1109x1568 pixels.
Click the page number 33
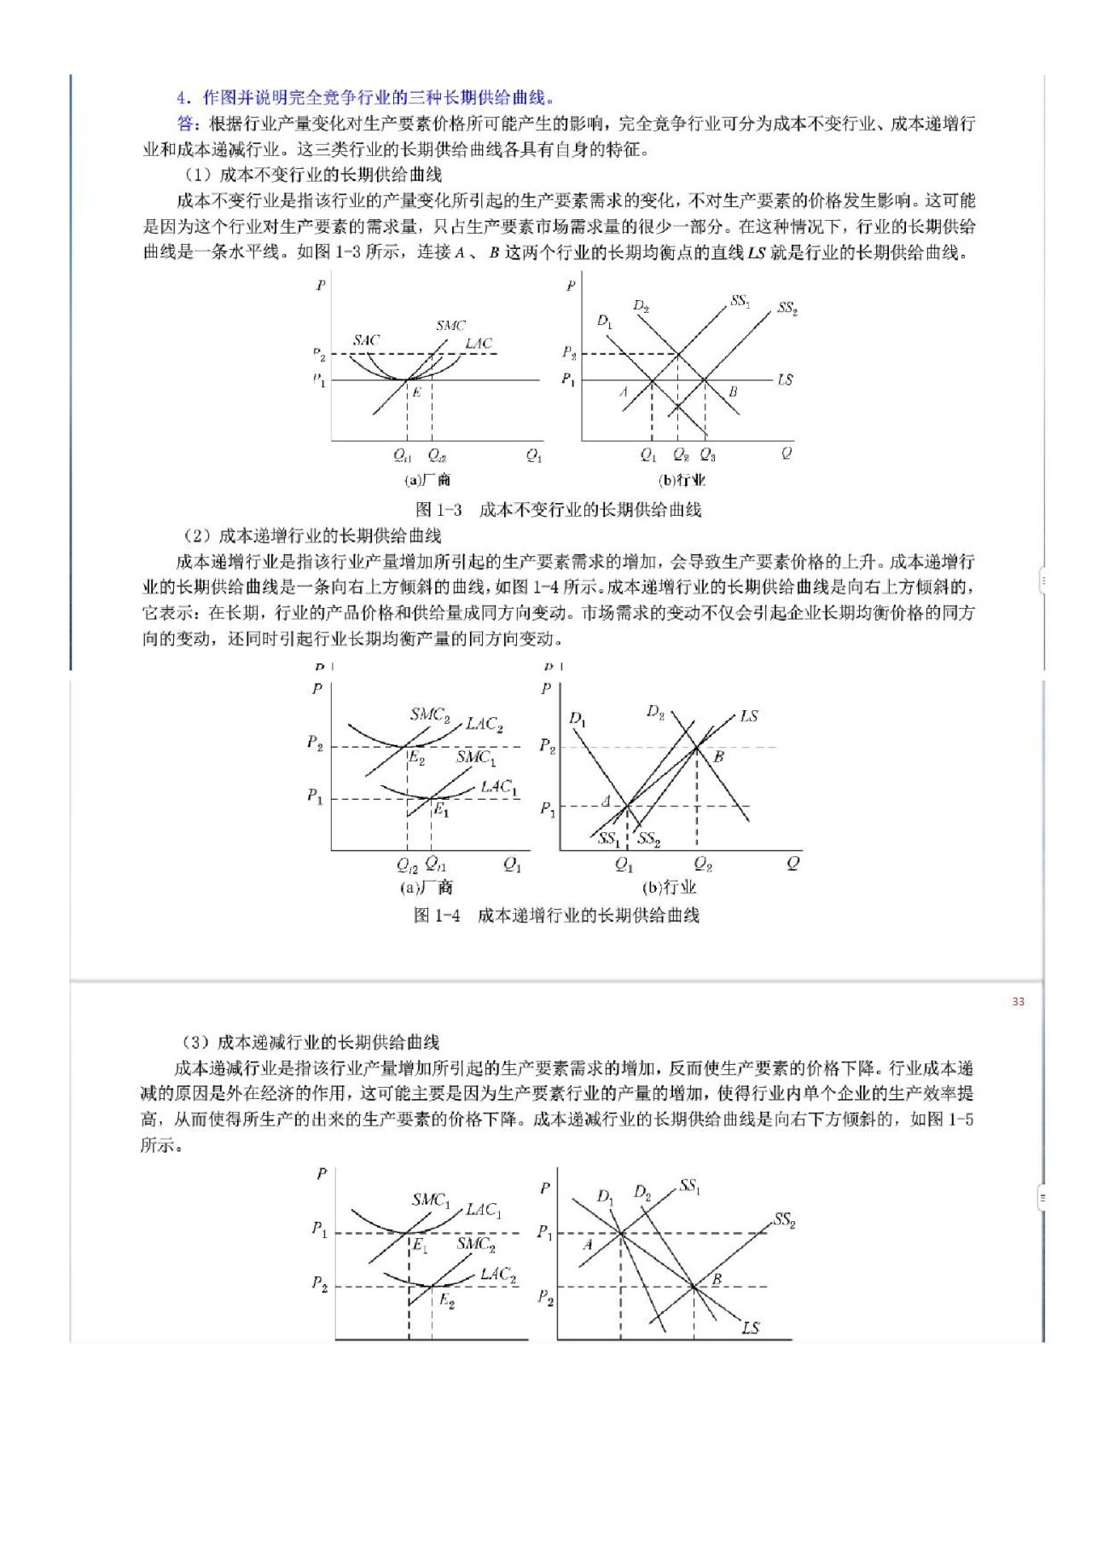1018,1001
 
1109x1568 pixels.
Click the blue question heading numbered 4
367,97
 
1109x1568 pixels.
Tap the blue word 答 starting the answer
188,124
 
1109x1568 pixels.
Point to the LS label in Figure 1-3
785,379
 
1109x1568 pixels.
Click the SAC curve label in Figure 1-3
366,340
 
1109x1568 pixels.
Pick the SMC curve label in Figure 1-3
450,326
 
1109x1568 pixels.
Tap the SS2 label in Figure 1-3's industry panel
787,308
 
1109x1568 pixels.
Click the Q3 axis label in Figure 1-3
707,455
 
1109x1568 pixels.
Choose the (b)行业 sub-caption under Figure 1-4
669,888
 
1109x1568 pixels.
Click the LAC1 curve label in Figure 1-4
499,786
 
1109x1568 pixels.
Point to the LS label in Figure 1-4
748,716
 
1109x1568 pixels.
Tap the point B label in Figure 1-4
718,756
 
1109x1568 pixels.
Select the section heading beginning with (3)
311,1042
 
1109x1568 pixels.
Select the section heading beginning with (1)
313,175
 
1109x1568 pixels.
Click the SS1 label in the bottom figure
689,1185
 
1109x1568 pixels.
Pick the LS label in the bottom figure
750,1328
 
